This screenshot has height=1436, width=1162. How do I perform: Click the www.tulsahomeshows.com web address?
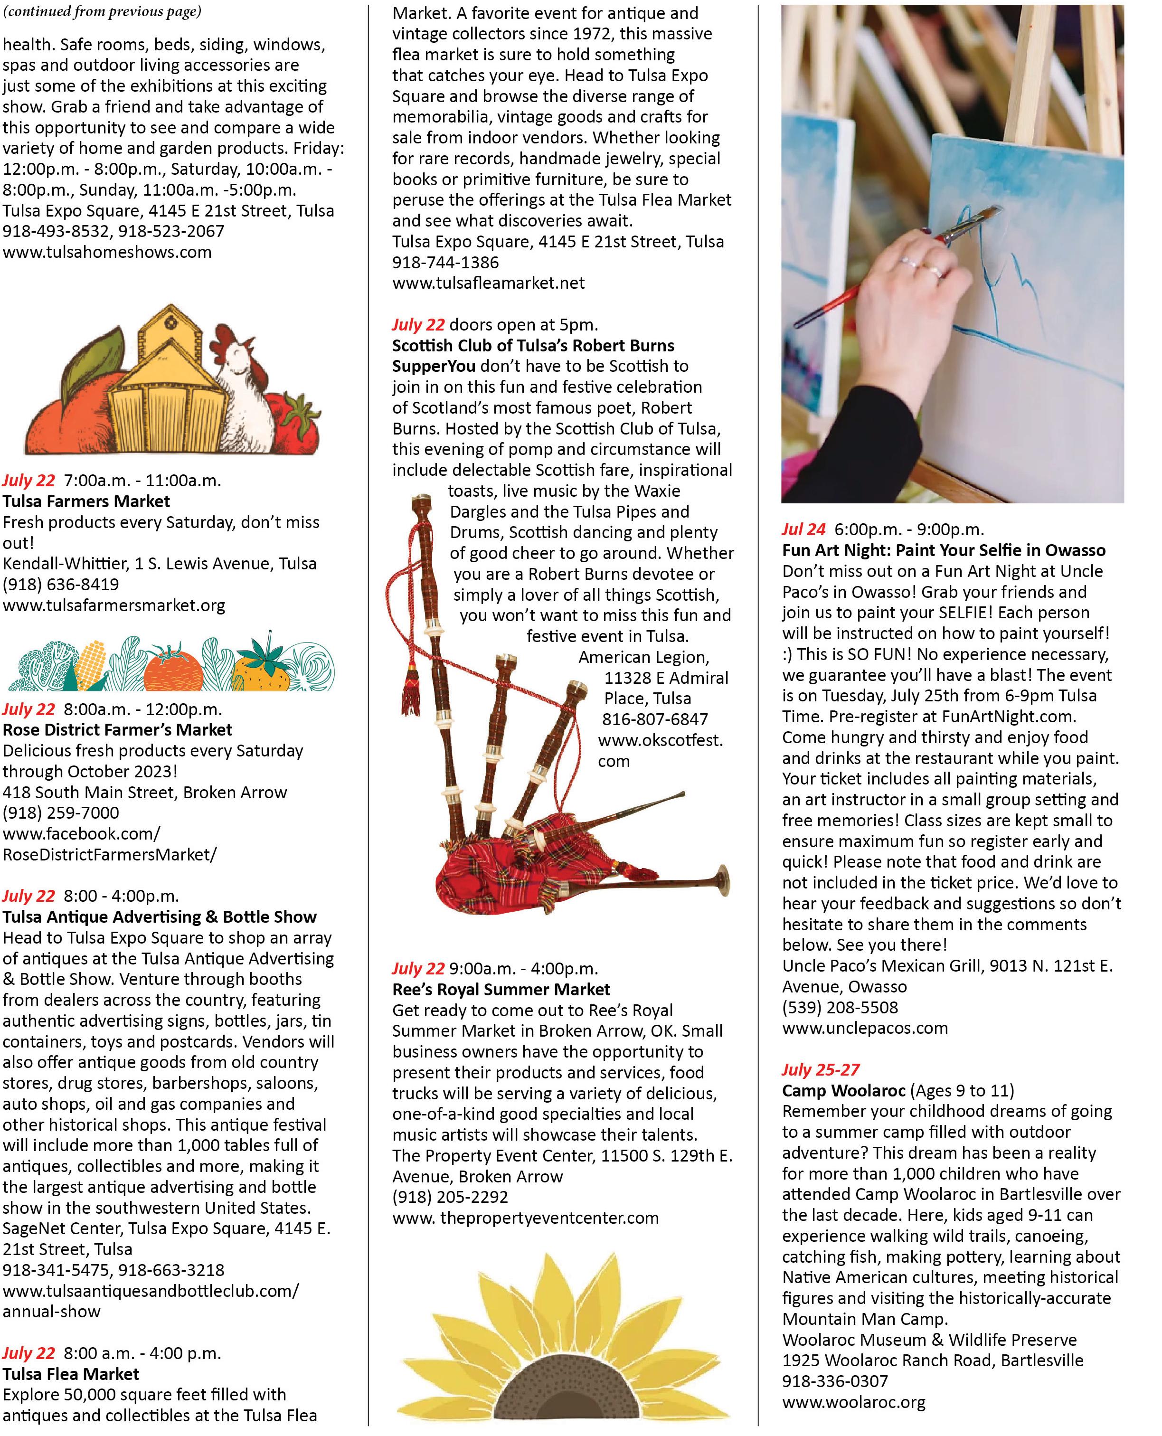(107, 252)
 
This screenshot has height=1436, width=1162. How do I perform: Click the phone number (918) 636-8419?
(61, 585)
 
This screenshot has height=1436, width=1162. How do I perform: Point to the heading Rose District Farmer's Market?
(118, 730)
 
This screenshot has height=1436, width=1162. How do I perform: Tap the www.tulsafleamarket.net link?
(489, 283)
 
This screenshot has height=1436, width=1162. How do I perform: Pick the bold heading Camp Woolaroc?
(844, 1091)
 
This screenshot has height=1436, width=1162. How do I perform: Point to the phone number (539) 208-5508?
(840, 1008)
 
